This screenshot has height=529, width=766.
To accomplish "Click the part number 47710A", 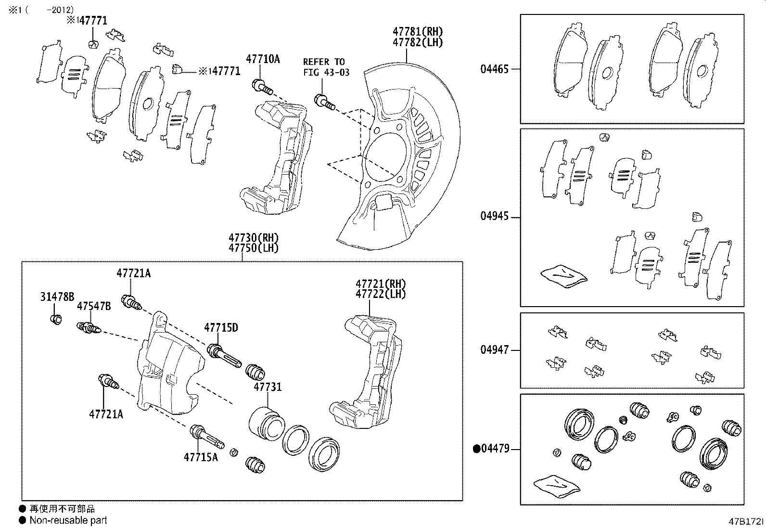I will (x=263, y=59).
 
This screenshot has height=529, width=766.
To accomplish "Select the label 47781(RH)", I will (x=417, y=31).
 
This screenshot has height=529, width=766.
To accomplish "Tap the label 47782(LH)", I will (x=417, y=42).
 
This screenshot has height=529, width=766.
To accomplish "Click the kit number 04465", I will (x=494, y=69).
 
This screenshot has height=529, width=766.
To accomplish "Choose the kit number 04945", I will (x=494, y=216).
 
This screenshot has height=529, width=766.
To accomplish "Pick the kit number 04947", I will (x=494, y=350).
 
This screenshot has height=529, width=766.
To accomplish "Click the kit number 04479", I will (x=495, y=449).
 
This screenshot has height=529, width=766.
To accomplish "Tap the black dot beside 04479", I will (x=477, y=449).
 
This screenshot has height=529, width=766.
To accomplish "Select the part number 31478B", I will (x=57, y=297).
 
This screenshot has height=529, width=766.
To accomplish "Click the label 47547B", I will (x=94, y=307).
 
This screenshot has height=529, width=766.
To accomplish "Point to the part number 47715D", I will (x=221, y=328).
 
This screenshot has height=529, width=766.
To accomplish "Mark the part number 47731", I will (x=268, y=387).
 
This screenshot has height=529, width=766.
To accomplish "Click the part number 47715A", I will (x=200, y=457).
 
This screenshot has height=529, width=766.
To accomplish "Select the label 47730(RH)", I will (x=254, y=238).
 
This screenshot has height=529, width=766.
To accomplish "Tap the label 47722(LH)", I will (x=381, y=294).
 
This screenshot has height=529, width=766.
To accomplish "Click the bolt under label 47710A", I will (x=261, y=87).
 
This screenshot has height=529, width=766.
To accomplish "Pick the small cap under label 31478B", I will (x=56, y=318).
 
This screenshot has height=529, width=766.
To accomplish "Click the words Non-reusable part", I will (x=68, y=520).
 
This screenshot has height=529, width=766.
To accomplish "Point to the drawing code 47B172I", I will (x=745, y=521).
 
